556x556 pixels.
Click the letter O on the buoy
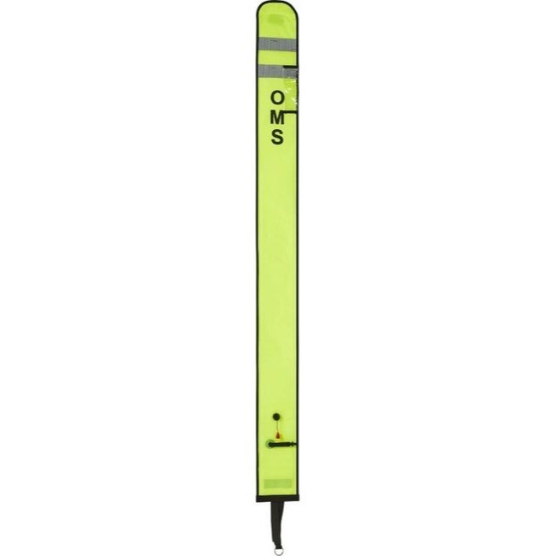[x=277, y=98]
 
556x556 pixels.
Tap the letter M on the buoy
[x=277, y=117]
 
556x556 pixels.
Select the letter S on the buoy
[x=277, y=137]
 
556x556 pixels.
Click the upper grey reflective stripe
[x=278, y=44]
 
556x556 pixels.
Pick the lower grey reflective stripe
[x=278, y=71]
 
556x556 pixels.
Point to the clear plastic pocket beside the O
[x=291, y=91]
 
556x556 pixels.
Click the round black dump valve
[x=276, y=417]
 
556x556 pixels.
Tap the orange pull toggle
[x=278, y=435]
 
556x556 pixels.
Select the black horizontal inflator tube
[x=282, y=444]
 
